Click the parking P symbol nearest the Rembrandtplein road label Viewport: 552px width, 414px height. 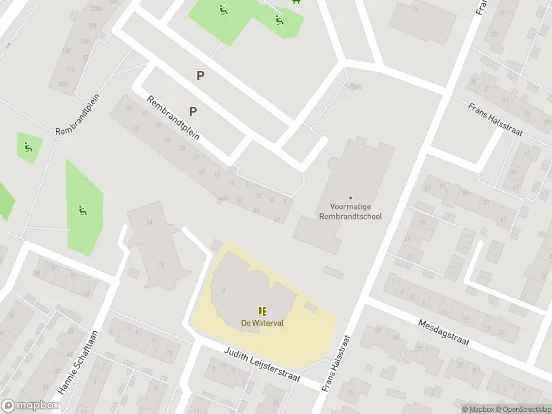(193, 111)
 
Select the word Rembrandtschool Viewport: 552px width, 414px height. (350, 217)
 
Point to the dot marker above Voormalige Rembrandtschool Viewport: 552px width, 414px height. (350, 198)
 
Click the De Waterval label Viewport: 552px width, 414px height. (262, 323)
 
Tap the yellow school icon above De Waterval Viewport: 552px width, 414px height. (262, 311)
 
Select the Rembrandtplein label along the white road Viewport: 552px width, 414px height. (172, 118)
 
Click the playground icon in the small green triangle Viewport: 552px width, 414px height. (28, 146)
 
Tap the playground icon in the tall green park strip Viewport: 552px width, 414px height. (82, 210)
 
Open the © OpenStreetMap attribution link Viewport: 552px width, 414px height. (523, 409)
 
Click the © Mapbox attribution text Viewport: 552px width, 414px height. (477, 409)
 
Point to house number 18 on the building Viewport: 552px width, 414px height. (161, 265)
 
